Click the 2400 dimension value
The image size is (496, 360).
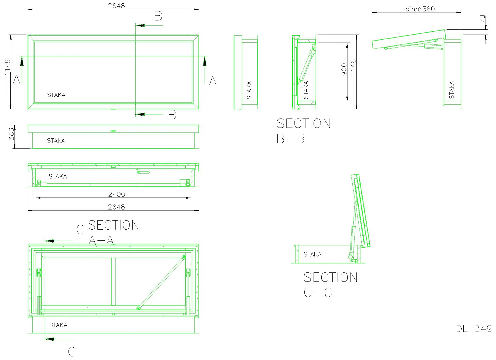[x=116, y=194]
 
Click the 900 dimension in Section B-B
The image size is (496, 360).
[x=344, y=69]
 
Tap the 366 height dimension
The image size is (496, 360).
[x=11, y=134]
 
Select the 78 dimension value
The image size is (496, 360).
[x=482, y=19]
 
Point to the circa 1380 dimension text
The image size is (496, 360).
[x=420, y=9]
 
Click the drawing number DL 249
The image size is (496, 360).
[x=474, y=329]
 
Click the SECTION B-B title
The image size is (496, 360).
[x=304, y=131]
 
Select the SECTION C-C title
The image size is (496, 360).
[x=331, y=285]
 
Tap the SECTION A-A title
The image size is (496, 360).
[x=114, y=232]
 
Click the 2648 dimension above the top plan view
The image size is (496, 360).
[x=116, y=6]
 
